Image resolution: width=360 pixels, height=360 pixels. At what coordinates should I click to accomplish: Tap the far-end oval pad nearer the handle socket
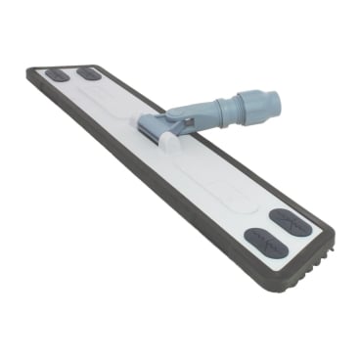tap(90, 73)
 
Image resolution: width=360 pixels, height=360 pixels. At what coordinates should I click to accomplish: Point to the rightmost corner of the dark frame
tap(333, 236)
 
